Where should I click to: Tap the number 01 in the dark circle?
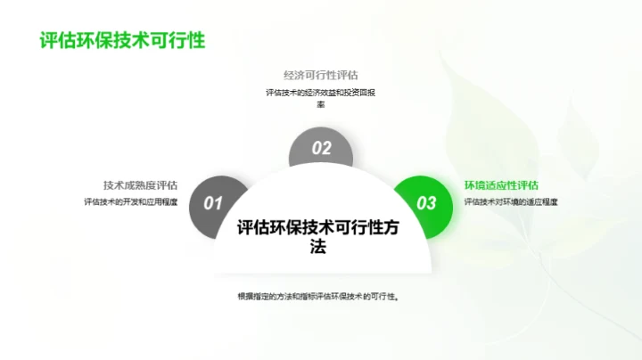tap(213, 203)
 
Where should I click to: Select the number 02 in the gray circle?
tap(321, 149)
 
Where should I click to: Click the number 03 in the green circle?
tap(427, 203)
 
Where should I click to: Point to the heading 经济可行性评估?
tap(320, 75)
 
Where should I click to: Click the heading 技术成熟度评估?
tap(140, 185)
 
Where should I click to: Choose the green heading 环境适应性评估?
tap(501, 185)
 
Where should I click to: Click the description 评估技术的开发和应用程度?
tap(131, 201)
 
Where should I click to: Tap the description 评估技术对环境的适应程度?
tap(510, 201)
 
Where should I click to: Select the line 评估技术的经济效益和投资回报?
tap(320, 93)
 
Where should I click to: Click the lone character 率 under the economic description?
tap(320, 104)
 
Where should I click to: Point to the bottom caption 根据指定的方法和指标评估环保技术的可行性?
tap(319, 296)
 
